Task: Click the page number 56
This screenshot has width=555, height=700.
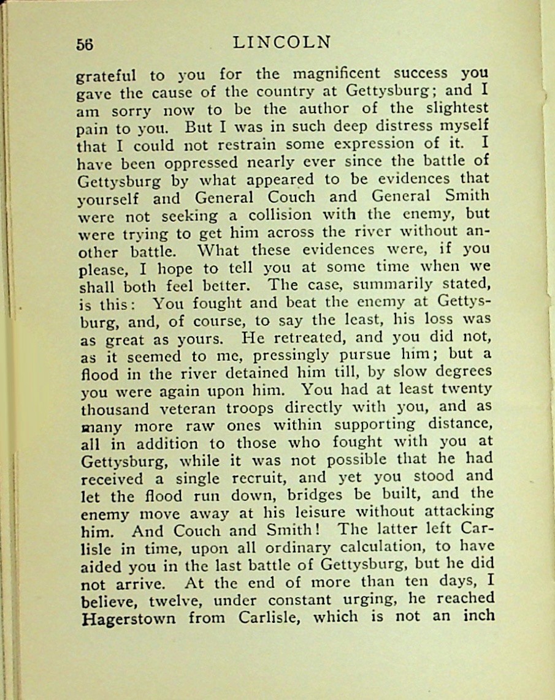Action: pos(85,44)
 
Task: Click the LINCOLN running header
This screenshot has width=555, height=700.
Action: pos(282,42)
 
